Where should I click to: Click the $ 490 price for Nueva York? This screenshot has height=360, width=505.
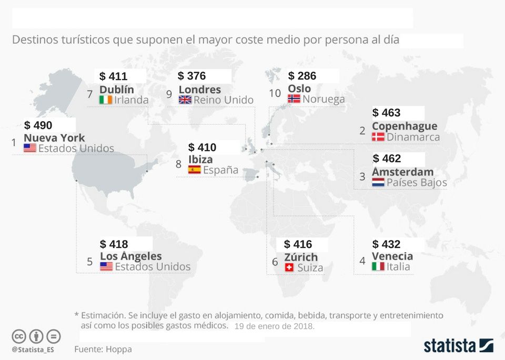(38, 125)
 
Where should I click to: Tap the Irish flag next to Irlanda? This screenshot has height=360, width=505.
(105, 99)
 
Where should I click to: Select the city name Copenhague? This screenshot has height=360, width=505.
(404, 126)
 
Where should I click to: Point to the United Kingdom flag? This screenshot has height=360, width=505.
(185, 99)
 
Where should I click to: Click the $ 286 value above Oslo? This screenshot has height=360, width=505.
(302, 76)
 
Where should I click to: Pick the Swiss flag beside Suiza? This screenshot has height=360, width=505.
(289, 267)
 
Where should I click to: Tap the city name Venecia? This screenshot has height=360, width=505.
(392, 256)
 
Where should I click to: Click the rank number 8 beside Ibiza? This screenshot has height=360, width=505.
(179, 164)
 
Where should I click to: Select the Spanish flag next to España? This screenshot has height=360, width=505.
(194, 169)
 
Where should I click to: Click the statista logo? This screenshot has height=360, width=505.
(458, 345)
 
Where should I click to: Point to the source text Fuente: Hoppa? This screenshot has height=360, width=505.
(103, 349)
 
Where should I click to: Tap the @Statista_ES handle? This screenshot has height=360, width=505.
(33, 349)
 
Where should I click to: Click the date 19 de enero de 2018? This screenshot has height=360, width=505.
(274, 326)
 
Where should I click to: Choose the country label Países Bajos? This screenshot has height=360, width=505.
(417, 183)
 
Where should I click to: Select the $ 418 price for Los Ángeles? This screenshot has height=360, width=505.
(114, 244)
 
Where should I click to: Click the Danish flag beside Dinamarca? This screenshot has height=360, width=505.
(378, 137)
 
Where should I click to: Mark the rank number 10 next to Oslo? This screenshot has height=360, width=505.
(275, 93)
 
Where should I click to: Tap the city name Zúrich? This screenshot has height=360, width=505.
(301, 257)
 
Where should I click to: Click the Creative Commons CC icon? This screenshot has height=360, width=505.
(19, 336)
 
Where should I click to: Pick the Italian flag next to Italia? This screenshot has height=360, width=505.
(378, 267)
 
